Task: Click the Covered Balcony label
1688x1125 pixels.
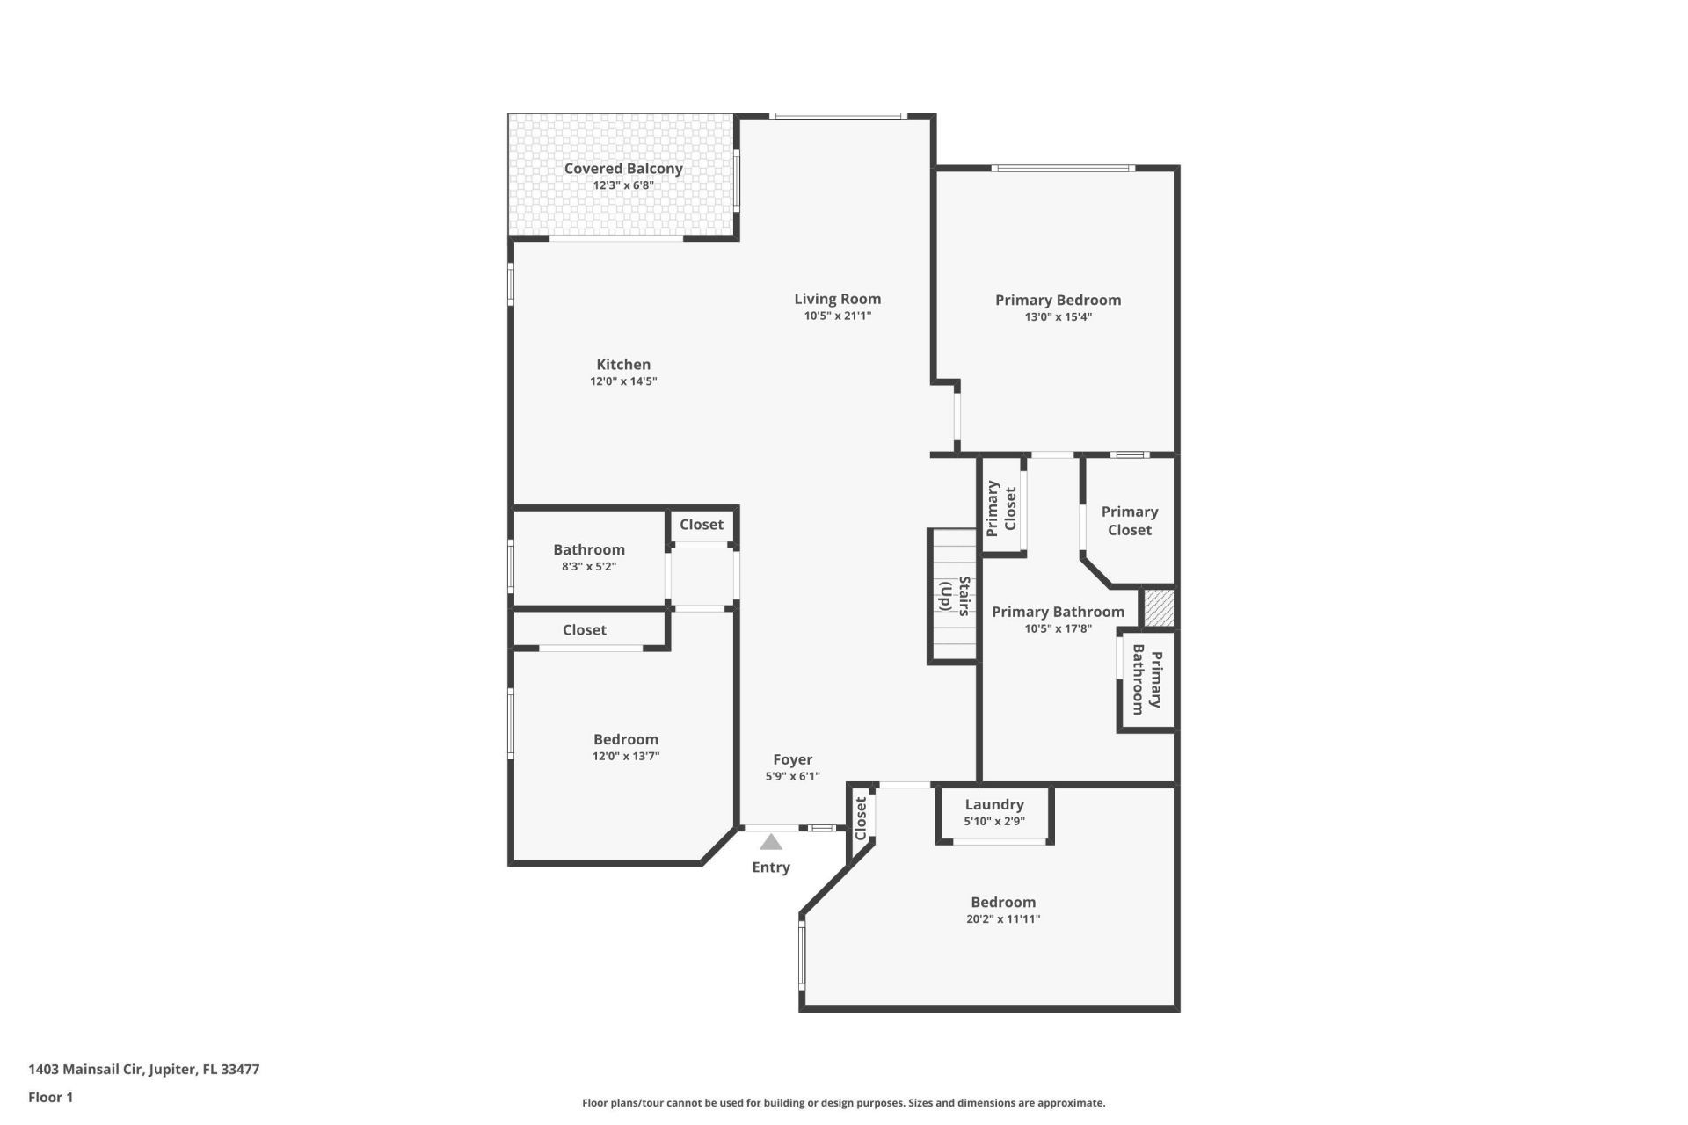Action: (623, 169)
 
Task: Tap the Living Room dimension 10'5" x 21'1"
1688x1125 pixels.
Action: (837, 316)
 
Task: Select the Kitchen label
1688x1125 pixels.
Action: (623, 365)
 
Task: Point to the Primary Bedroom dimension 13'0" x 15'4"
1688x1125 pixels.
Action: (1058, 317)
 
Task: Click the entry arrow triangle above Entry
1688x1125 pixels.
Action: (771, 843)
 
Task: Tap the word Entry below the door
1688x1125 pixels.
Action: (771, 867)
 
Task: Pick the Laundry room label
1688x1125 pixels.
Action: (994, 805)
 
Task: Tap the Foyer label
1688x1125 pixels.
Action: (792, 760)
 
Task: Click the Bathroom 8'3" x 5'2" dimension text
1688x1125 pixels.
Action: (589, 567)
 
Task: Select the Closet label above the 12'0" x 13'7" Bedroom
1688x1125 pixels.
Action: (585, 630)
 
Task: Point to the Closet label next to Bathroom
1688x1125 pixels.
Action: (701, 525)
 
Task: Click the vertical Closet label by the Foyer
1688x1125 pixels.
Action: (862, 818)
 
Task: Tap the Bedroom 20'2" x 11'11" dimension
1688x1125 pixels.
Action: (1003, 919)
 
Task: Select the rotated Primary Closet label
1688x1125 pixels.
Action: (1001, 508)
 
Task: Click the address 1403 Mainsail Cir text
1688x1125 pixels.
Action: (143, 1070)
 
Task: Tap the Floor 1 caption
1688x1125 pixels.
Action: (50, 1097)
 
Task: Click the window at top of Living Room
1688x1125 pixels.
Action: (837, 116)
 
